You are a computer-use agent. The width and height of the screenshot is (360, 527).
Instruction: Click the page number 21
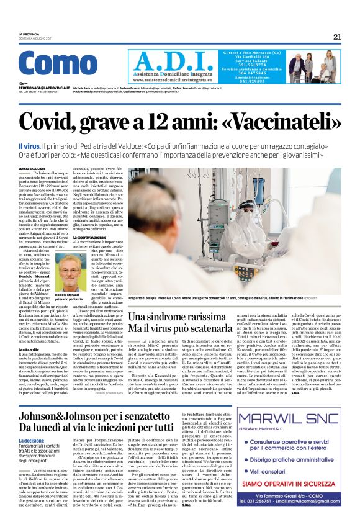pos(337,37)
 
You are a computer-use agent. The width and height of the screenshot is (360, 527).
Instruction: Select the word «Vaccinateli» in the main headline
pos(258,119)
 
